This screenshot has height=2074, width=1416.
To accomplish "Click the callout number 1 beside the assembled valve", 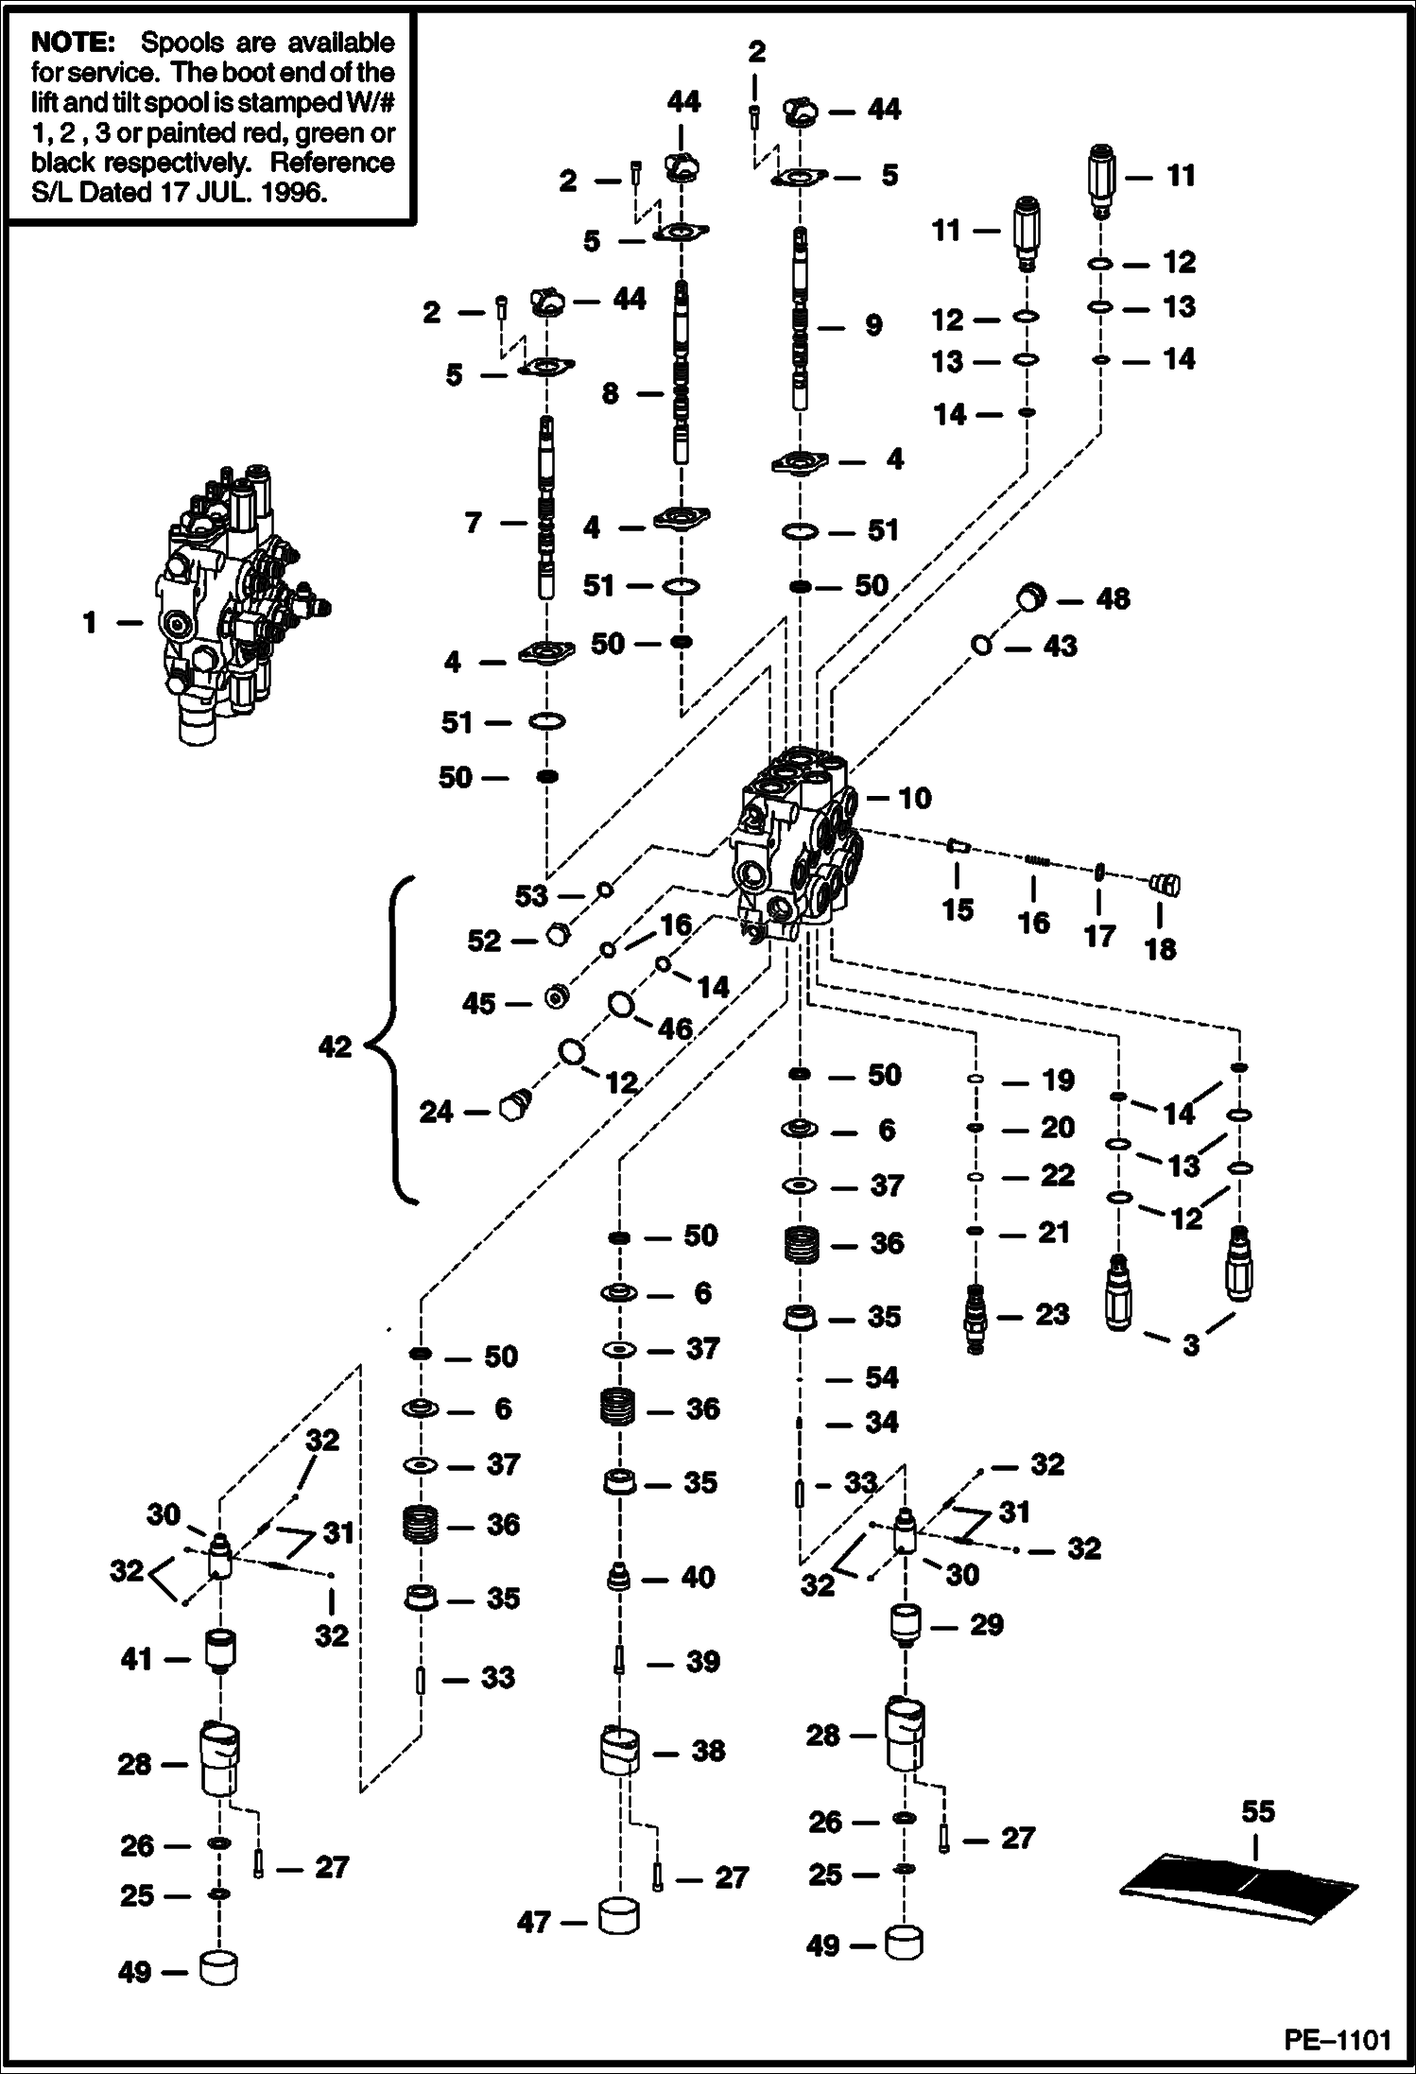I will (90, 623).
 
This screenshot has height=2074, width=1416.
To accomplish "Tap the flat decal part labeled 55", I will (1239, 1886).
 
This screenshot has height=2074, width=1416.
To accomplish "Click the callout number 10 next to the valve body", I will (914, 799).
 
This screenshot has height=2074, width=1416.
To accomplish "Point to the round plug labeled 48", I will (1031, 596).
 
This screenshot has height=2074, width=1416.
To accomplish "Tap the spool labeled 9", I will (802, 321).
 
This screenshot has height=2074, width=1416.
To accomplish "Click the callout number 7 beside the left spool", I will (474, 522).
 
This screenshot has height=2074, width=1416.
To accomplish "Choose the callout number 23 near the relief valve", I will (1052, 1314).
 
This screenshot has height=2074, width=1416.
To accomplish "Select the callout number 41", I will (136, 1659).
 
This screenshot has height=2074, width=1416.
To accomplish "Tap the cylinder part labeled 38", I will (621, 1751).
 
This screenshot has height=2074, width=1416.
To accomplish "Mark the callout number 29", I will (986, 1625).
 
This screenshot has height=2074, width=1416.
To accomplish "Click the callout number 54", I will (881, 1377).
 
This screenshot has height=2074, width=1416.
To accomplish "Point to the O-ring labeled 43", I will (981, 646).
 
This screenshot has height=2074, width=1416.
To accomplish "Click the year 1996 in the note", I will (292, 193).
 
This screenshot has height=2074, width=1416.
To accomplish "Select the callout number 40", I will (698, 1577).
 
